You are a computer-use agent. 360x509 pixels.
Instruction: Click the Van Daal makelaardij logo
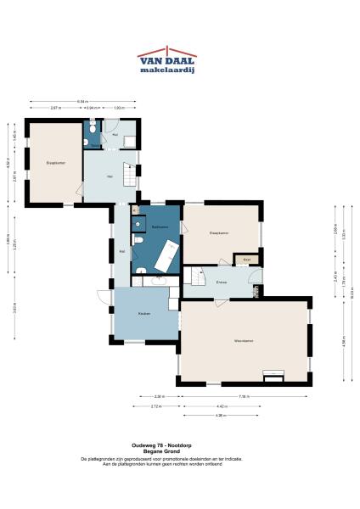pos(166,62)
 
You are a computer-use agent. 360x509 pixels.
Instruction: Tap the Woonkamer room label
pos(245,340)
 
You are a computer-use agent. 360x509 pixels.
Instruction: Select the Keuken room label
pos(143,314)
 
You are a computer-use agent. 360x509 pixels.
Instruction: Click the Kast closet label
pos(246,259)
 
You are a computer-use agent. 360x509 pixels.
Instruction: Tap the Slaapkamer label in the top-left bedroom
pos(56,162)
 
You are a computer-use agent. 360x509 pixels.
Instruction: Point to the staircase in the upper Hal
pos(130,176)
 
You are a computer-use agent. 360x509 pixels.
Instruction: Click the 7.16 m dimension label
pos(243,397)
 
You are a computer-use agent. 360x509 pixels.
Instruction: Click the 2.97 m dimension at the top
pos(54,109)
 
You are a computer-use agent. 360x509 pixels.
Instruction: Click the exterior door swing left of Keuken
pos(103,299)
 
